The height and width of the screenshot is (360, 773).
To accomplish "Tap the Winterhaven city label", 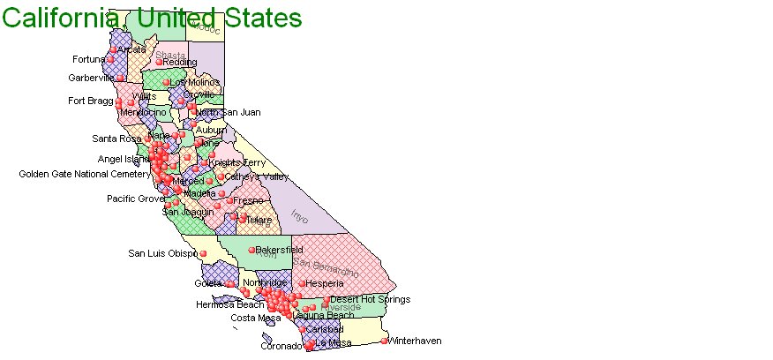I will (415, 341).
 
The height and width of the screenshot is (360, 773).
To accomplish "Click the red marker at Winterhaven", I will (384, 341).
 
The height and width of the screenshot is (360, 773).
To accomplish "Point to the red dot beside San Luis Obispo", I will (203, 254).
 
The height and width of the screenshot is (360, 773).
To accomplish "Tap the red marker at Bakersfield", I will (251, 250).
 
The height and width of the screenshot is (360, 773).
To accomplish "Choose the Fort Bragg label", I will (89, 101).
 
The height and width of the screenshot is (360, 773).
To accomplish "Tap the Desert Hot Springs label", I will (370, 299).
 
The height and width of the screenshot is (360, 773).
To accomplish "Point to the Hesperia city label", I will (324, 283).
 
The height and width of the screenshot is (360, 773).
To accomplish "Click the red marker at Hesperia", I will (303, 284).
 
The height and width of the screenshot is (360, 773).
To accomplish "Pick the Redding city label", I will (180, 63).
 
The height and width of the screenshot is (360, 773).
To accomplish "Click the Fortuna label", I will (88, 60).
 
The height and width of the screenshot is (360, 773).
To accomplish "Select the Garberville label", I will (92, 78).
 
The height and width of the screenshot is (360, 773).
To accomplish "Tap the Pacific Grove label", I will (135, 199).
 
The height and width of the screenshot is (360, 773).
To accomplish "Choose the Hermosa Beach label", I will (229, 304).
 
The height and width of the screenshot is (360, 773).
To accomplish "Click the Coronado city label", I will (281, 346).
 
